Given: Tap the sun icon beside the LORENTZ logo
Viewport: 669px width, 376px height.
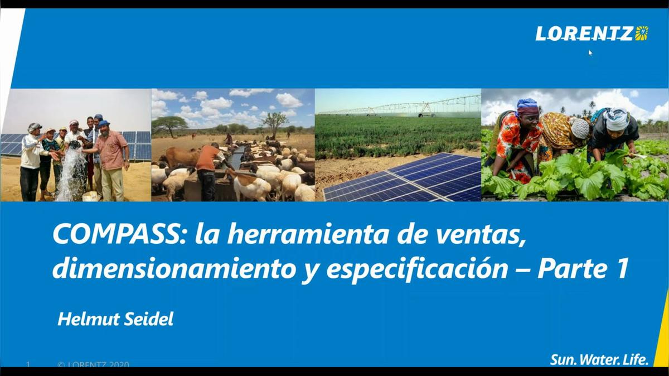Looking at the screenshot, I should click(642, 33).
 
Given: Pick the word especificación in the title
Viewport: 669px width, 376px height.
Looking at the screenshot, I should click(416, 269).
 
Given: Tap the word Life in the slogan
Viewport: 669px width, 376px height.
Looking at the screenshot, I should click(634, 360).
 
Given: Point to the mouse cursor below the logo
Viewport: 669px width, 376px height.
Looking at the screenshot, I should click(590, 53).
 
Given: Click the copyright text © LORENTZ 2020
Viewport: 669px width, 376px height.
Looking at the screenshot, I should click(93, 365).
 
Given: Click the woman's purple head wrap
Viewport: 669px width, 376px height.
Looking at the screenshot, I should click(526, 105).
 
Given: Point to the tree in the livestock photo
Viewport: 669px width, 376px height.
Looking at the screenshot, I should click(274, 120).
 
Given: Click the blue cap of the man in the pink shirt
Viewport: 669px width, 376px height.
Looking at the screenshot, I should click(104, 123).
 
